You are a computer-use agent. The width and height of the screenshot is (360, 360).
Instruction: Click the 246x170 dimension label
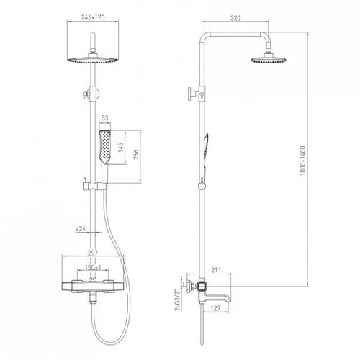(x=93, y=17)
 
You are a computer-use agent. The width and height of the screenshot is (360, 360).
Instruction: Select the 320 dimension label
(x=235, y=18)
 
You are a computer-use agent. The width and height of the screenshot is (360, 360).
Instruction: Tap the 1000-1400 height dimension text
(x=302, y=161)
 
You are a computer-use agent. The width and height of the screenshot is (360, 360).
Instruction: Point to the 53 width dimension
(x=105, y=118)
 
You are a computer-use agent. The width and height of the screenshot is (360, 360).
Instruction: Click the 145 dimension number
(x=121, y=147)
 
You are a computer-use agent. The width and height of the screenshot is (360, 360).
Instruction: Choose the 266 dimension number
(x=136, y=155)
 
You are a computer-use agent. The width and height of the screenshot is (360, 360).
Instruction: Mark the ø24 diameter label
(x=81, y=229)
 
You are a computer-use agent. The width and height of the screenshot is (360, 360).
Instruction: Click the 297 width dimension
(x=93, y=253)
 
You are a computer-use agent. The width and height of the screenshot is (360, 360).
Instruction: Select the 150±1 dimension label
(x=93, y=267)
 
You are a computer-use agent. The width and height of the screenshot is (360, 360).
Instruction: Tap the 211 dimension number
(x=216, y=270)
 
